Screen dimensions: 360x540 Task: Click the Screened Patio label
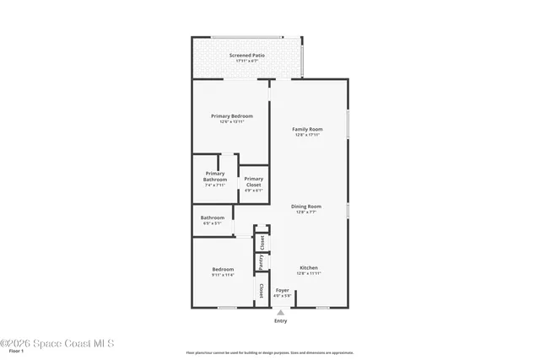(246, 56)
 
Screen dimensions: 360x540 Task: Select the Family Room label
(307, 129)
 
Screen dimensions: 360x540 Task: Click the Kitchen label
(308, 268)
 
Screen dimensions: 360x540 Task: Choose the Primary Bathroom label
(215, 176)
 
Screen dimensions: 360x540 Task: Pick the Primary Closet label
(254, 181)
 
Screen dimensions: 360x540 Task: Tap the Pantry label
(262, 263)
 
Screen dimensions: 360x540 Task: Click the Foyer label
(282, 290)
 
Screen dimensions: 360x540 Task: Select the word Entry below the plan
(281, 321)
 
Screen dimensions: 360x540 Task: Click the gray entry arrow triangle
(281, 312)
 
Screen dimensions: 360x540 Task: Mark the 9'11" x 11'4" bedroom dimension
(223, 275)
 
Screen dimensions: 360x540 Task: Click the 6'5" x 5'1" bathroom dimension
(212, 223)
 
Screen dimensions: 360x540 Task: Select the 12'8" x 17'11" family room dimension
(307, 135)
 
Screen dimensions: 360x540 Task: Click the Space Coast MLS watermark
(57, 343)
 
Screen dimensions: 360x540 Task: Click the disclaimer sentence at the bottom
(270, 352)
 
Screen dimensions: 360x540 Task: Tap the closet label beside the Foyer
(262, 291)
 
